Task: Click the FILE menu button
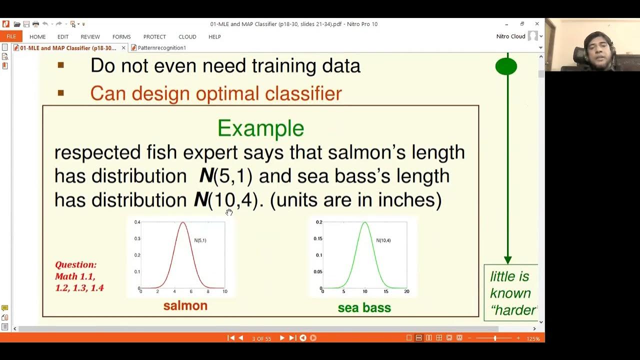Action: tap(11, 36)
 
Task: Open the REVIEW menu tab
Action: tap(90, 36)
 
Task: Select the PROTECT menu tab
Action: tap(154, 36)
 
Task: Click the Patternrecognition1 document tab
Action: tap(161, 48)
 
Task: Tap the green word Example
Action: tap(260, 128)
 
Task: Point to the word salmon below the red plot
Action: tap(185, 305)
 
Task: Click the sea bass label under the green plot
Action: tap(364, 307)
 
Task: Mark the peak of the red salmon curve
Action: tap(183, 222)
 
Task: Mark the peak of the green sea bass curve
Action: tap(365, 222)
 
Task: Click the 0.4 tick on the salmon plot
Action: tap(137, 222)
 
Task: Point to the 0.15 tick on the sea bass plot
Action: tap(317, 238)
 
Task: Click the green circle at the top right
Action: tap(506, 66)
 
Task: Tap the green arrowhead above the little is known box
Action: tap(507, 260)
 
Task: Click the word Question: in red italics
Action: tap(75, 264)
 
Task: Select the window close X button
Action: tap(537, 24)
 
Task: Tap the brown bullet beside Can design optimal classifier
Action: tap(61, 92)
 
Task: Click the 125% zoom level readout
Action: tap(533, 338)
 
